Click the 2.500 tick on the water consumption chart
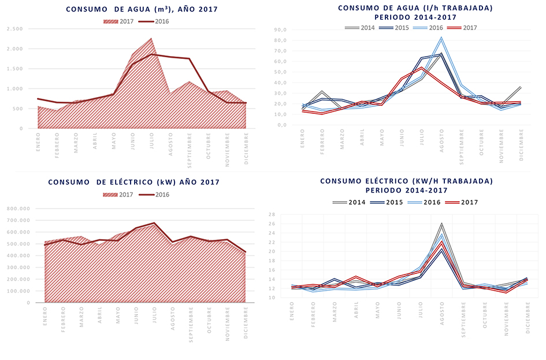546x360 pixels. [14, 29]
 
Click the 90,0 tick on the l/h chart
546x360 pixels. [280, 30]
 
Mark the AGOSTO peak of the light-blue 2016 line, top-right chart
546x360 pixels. [441, 38]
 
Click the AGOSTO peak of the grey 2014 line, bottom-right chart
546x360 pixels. [441, 224]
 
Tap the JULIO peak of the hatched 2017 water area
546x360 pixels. [151, 39]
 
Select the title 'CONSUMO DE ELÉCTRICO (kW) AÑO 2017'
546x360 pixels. [133, 182]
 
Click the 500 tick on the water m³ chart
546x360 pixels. [18, 109]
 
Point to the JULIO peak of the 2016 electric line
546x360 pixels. [154, 223]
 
